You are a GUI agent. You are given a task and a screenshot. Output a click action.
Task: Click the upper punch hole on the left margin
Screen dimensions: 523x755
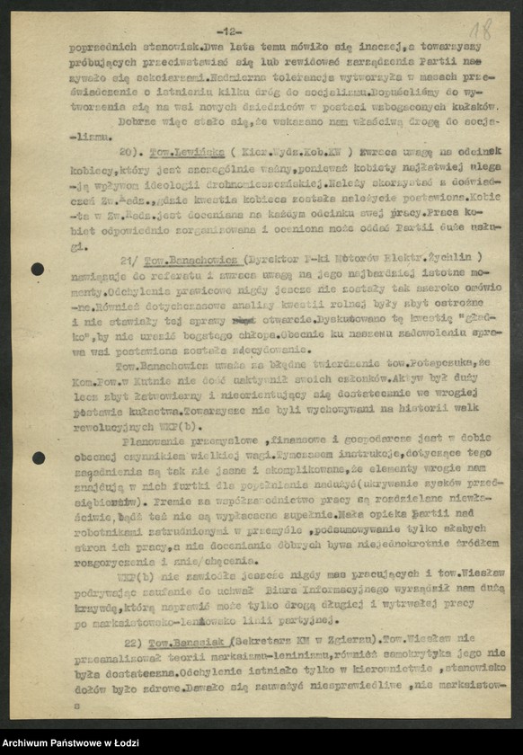click(38, 269)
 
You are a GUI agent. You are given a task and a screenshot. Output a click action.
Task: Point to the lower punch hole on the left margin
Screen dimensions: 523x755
click(38, 457)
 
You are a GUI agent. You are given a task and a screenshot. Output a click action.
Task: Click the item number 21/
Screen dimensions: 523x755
click(129, 259)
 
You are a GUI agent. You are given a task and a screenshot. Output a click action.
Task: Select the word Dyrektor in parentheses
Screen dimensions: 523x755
click(286, 259)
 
